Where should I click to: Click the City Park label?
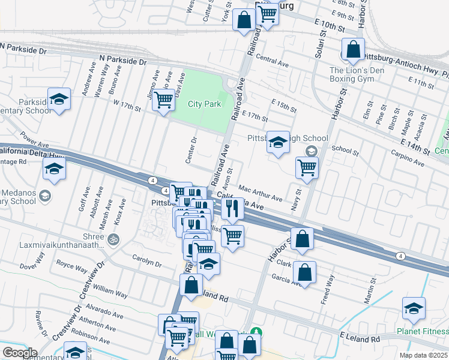pos(204,104)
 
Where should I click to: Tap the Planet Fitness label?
pos(422,332)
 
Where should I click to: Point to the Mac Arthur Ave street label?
pos(260,193)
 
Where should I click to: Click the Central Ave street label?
pos(272,61)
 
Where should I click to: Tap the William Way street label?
pos(110,292)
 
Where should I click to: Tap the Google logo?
pos(20,352)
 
